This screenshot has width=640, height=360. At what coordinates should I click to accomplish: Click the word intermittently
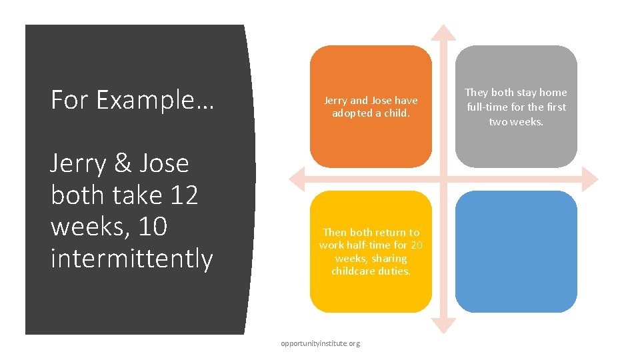131,259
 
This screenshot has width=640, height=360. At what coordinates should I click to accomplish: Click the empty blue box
516,251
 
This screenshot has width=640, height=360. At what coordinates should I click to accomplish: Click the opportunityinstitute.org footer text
320,343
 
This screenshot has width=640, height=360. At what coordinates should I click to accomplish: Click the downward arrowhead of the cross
443,326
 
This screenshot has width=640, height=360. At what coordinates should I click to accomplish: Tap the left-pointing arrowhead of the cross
296,179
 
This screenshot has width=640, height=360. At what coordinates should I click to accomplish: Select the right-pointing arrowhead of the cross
590,179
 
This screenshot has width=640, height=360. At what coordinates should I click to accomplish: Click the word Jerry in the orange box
336,101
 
